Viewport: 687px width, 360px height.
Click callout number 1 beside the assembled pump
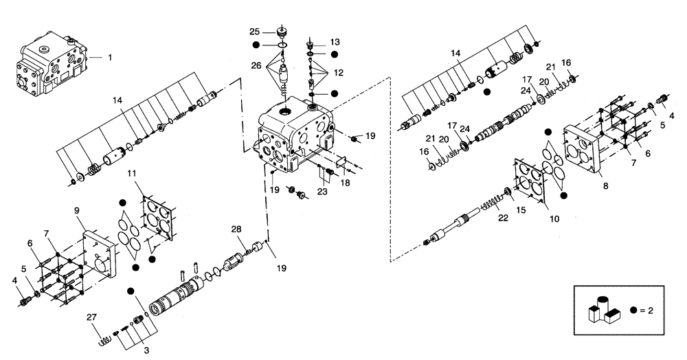click(x=109, y=58)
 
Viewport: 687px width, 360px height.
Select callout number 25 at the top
click(x=254, y=32)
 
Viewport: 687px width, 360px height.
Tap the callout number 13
click(x=335, y=41)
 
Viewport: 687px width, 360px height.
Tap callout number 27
click(x=91, y=317)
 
